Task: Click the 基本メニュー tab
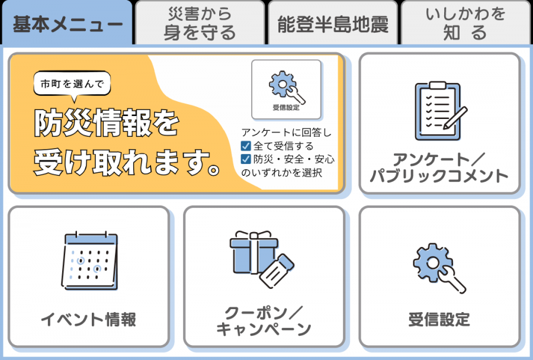point(68,24)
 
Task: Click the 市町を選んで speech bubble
point(72,84)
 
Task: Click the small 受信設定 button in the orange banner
point(287,89)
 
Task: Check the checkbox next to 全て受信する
point(246,146)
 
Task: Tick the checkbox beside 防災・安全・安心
point(246,159)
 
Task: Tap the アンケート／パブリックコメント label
point(439,168)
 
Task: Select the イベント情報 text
point(88,320)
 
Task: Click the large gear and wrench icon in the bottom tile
point(439,267)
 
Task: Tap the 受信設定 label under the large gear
point(439,320)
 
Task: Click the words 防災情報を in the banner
point(106,123)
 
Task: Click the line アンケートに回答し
point(287,133)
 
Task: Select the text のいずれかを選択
point(282,173)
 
